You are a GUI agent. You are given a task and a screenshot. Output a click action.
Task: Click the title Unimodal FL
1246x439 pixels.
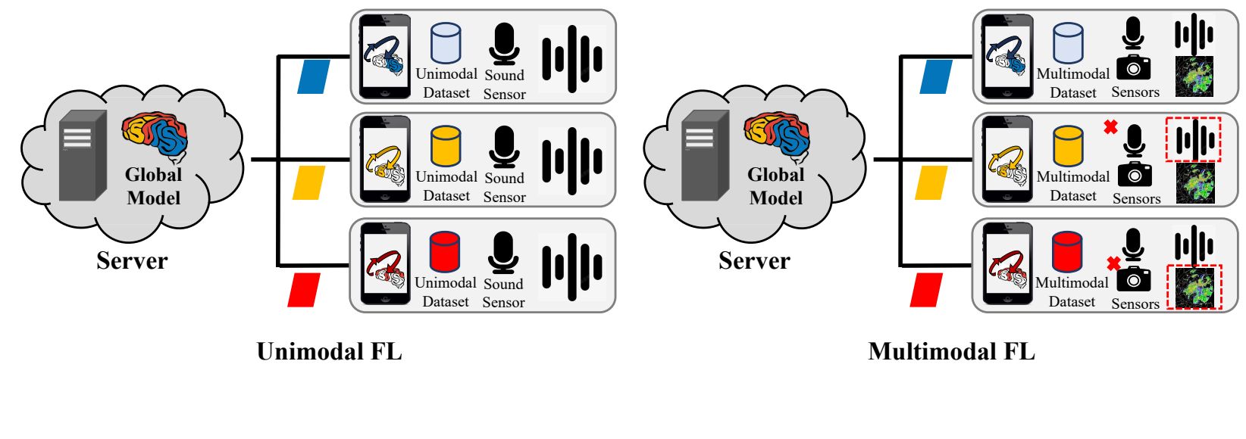[x=329, y=352]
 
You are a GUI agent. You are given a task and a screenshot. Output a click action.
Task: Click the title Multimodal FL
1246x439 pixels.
[x=951, y=352]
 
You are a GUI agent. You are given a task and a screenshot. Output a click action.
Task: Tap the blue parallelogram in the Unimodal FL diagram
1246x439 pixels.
[x=314, y=77]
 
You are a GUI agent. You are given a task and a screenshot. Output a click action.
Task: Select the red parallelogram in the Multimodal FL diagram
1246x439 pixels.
[x=926, y=291]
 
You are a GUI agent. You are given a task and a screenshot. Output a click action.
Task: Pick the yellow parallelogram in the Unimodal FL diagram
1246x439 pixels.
[x=309, y=183]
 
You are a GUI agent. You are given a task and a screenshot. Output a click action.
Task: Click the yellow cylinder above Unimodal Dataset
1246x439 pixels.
[x=446, y=146]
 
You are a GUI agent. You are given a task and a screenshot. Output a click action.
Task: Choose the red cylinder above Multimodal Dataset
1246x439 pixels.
[x=1067, y=252]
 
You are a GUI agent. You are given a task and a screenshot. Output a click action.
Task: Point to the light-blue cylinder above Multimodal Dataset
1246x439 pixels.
[x=1068, y=42]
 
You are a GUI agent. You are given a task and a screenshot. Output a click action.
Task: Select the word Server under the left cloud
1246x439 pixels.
[x=132, y=261]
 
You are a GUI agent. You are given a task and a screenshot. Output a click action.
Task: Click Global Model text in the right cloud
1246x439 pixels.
[x=776, y=186]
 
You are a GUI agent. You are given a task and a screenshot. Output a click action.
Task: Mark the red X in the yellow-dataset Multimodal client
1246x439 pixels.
[x=1111, y=127]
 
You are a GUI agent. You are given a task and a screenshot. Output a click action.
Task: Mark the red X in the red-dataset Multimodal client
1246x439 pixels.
[x=1113, y=263]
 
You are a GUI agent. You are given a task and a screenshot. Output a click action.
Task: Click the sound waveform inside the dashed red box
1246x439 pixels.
[x=1194, y=139]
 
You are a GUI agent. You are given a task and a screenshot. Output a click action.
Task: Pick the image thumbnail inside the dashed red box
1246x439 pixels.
[x=1194, y=288]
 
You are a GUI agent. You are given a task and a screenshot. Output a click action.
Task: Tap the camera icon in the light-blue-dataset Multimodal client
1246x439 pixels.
[x=1133, y=68]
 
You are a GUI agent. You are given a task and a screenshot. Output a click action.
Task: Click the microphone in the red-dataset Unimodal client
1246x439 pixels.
[x=503, y=253]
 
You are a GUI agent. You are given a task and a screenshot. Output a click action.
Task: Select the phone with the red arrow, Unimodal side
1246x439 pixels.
[x=385, y=264]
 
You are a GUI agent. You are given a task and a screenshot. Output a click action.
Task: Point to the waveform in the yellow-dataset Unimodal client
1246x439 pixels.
[x=572, y=161]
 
